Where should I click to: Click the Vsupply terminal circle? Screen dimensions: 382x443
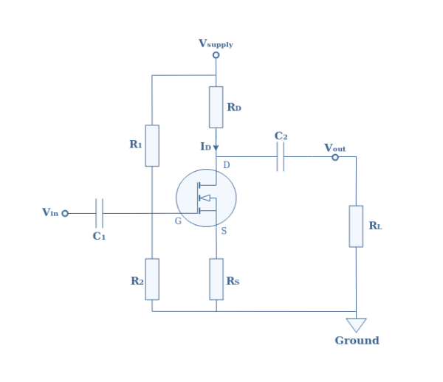216,55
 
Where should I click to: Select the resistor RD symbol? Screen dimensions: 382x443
216,107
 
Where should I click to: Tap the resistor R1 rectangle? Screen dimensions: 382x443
152,145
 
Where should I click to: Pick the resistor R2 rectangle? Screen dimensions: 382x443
152,279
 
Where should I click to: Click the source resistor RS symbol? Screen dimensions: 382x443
216,279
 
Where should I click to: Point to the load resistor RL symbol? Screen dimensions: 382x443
356,226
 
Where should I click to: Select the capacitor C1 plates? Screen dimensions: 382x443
99,213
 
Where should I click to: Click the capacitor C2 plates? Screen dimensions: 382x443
281,156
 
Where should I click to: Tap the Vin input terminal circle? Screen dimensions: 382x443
65,213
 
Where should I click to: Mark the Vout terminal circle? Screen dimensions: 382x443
335,157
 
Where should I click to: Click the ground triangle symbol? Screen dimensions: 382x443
356,324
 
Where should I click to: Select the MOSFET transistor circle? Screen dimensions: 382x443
206,198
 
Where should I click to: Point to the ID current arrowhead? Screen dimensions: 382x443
216,147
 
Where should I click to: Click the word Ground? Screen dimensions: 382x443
357,341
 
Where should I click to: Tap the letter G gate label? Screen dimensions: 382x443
178,221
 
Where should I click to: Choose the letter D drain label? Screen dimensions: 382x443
226,165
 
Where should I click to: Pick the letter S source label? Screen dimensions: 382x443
224,232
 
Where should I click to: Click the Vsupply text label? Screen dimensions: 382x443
216,44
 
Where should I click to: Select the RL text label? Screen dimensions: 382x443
375,226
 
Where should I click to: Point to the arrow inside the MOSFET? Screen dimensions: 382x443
205,198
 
